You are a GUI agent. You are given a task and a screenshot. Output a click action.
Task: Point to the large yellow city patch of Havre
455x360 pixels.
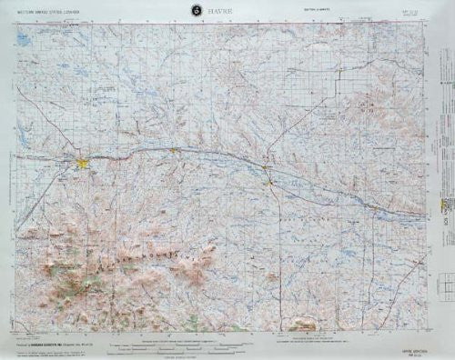click(x=83, y=164)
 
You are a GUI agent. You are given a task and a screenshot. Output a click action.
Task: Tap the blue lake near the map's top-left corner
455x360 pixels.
click(x=27, y=41)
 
